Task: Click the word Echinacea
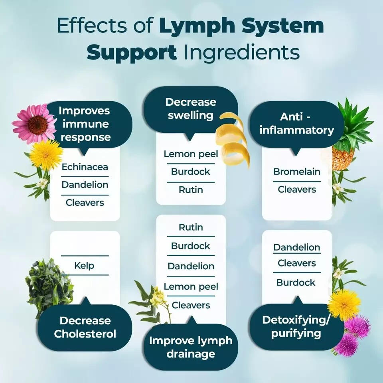[x=85, y=167]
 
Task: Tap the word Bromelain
[x=297, y=172]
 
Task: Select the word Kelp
[x=84, y=265]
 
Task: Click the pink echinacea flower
[x=35, y=123]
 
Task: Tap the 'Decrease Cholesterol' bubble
[x=85, y=327]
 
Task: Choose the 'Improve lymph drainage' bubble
[x=191, y=347]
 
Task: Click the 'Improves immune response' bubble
[x=85, y=124]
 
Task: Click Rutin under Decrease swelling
[x=190, y=190]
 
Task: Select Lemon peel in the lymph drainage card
[x=190, y=286]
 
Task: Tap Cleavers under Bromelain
[x=297, y=190]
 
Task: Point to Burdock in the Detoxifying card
[x=296, y=282]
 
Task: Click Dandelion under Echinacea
[x=85, y=185]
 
